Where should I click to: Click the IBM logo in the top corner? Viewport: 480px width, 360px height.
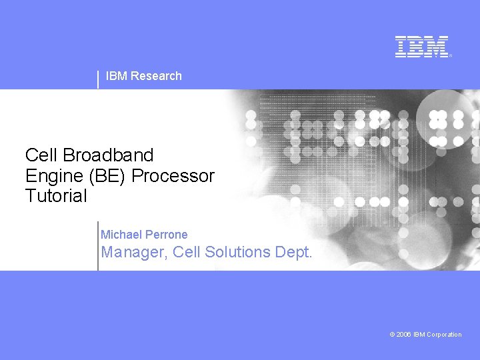[x=422, y=47]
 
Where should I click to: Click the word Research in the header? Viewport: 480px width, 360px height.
[x=156, y=76]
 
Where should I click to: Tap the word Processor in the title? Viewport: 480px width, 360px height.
[x=174, y=176]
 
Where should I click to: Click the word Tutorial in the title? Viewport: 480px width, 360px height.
[x=56, y=196]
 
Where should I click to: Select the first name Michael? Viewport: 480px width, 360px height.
[x=121, y=235]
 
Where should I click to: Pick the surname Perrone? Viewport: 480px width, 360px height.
[x=167, y=235]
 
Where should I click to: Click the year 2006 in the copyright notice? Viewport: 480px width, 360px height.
[x=404, y=335]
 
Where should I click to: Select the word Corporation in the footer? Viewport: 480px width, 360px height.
[x=443, y=335]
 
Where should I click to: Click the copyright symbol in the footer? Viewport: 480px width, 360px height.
[x=392, y=335]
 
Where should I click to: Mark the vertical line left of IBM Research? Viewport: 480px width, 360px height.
[x=98, y=79]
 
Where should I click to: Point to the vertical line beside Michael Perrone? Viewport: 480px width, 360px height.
[x=98, y=245]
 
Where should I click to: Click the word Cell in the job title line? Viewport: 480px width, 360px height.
[x=187, y=252]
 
